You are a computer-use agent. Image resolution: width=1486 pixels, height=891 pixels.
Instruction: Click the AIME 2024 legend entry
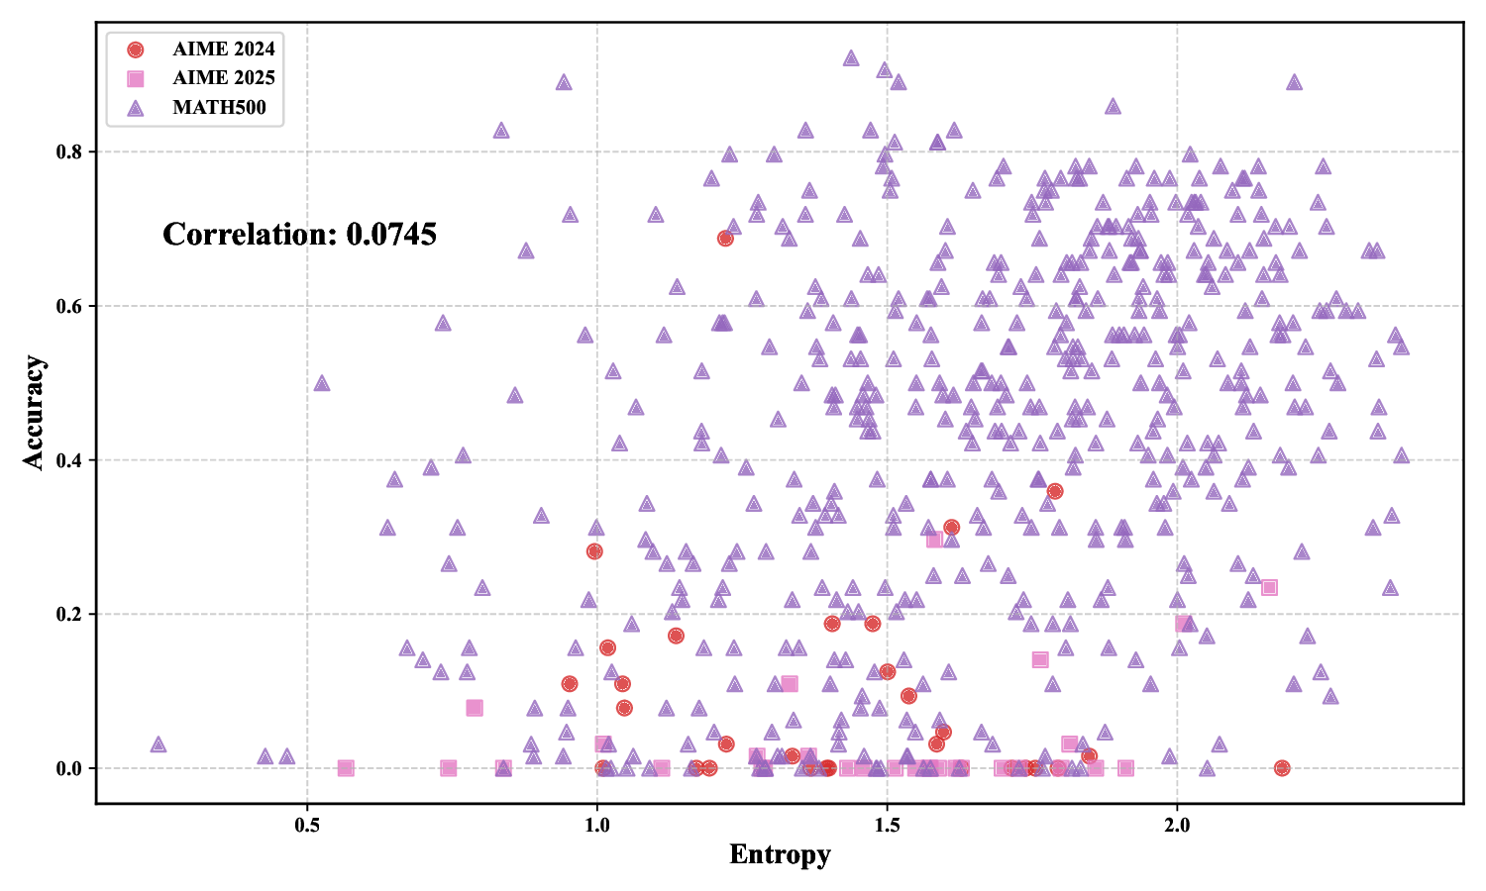(223, 49)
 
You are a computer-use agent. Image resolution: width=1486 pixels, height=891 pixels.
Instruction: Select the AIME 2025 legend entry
(223, 78)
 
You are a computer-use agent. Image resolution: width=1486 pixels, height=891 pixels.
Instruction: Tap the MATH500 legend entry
(219, 108)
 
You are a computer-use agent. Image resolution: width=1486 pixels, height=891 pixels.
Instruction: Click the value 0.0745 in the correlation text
(391, 235)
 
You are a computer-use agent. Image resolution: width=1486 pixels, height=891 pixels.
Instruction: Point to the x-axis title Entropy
(780, 854)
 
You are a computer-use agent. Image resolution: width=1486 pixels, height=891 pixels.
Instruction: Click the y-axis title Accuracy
(35, 412)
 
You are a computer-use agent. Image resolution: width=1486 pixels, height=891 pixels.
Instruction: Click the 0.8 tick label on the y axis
(70, 152)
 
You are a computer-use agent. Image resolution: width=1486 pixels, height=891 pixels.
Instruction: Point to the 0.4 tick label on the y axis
(70, 460)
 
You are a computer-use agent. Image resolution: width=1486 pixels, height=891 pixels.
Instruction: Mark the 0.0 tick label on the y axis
(70, 769)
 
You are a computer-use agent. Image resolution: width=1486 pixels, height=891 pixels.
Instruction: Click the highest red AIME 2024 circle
(725, 239)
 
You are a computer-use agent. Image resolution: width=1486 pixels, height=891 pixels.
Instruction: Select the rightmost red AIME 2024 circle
(1282, 768)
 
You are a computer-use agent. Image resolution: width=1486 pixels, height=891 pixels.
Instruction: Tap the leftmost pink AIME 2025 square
(346, 768)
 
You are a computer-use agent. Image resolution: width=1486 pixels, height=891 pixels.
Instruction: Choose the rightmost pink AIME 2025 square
(1269, 587)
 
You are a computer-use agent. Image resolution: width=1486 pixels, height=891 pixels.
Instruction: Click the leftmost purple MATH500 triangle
(159, 744)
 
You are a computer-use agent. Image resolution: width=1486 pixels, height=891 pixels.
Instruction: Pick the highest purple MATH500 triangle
(851, 58)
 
